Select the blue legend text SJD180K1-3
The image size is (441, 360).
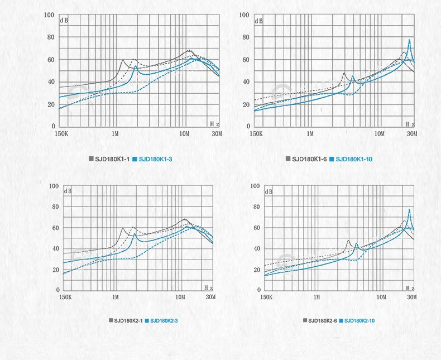(155, 160)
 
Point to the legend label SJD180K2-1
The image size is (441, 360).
(128, 320)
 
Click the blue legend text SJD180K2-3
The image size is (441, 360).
(164, 320)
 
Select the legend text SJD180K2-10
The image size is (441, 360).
(360, 320)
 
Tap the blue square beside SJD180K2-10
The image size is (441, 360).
(340, 320)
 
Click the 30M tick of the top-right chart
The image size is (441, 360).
(412, 135)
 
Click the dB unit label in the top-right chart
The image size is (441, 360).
(259, 21)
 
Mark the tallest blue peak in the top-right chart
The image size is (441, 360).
(409, 40)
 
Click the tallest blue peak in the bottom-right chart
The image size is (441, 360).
(409, 209)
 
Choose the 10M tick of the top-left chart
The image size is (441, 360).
(185, 135)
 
